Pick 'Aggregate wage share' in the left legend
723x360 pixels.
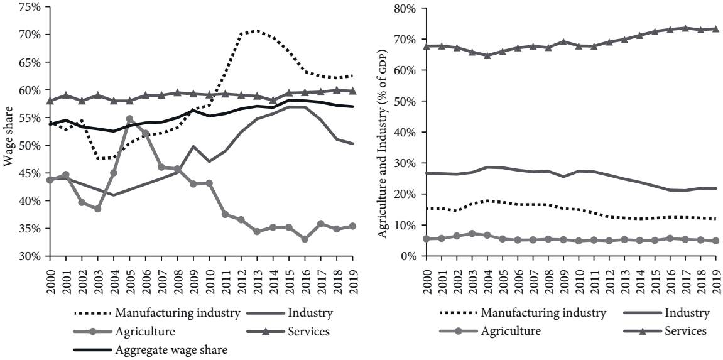click(x=171, y=350)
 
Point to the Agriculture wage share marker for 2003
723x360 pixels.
click(x=97, y=209)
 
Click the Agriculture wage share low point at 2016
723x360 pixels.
click(x=305, y=239)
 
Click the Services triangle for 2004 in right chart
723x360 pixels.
click(x=487, y=55)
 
